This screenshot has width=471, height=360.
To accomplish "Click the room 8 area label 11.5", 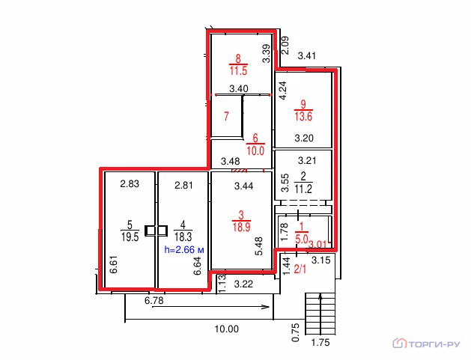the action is click(239, 71).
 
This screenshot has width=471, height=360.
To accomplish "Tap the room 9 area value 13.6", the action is click(303, 116).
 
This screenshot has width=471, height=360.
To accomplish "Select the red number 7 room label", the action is click(226, 116).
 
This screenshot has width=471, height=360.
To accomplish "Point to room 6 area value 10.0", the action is click(255, 150).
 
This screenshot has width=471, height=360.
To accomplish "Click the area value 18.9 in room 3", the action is click(241, 227).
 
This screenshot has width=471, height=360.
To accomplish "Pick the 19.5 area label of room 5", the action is click(130, 237).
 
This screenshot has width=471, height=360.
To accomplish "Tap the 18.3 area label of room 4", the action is click(183, 237).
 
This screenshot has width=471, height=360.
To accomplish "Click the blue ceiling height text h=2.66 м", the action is click(184, 249).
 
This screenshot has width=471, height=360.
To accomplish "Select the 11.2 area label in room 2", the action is click(303, 189).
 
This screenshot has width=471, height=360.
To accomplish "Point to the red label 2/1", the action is click(300, 269).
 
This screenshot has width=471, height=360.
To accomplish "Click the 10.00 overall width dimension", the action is click(227, 329).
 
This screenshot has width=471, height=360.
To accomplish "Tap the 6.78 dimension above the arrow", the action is click(154, 300).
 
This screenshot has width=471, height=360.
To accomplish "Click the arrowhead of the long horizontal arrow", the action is click(266, 307).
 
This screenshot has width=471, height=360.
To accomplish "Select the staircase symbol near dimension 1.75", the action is click(320, 314).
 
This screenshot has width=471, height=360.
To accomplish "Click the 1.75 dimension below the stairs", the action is click(320, 343).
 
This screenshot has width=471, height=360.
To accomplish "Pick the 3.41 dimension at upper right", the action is click(307, 56).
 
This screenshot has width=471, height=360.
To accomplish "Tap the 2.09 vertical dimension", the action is click(285, 45).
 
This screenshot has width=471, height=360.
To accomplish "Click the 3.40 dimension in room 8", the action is click(239, 89).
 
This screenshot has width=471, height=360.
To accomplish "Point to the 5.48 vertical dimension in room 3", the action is click(258, 246).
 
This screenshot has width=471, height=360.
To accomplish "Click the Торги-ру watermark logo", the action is click(427, 344).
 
